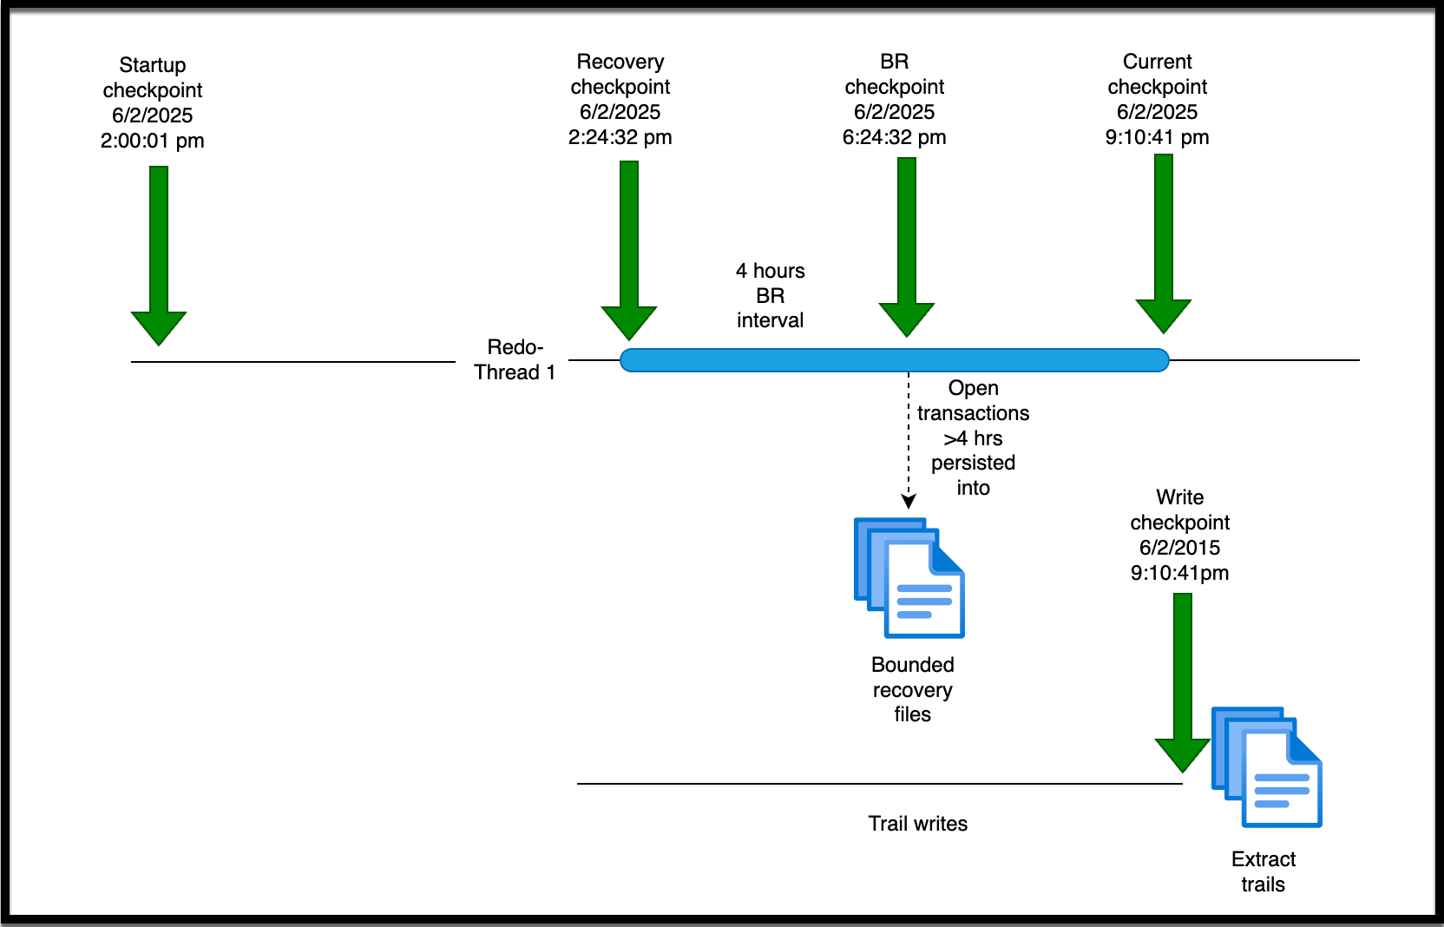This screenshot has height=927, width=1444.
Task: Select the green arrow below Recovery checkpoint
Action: click(629, 252)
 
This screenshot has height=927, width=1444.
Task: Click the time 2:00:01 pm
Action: click(153, 141)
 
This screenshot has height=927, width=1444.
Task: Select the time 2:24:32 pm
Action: click(620, 137)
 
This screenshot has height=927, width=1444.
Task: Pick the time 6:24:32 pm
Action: click(894, 137)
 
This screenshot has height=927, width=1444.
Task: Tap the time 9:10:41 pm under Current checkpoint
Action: click(1157, 137)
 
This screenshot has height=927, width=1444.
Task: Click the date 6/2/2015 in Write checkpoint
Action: click(1179, 548)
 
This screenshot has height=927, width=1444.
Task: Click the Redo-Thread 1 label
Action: click(515, 359)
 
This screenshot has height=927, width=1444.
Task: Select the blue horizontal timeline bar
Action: click(894, 360)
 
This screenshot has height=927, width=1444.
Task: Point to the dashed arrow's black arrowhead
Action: click(909, 501)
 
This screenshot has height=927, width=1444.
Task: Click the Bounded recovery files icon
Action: click(909, 578)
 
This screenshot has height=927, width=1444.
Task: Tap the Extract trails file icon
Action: click(1267, 767)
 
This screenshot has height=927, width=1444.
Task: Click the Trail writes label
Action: click(917, 824)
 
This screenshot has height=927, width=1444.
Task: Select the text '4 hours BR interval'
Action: click(770, 296)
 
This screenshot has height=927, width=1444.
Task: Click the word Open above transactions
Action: click(973, 388)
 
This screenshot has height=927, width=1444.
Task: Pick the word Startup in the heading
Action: click(153, 65)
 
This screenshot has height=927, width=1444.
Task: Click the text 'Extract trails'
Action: click(1263, 871)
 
